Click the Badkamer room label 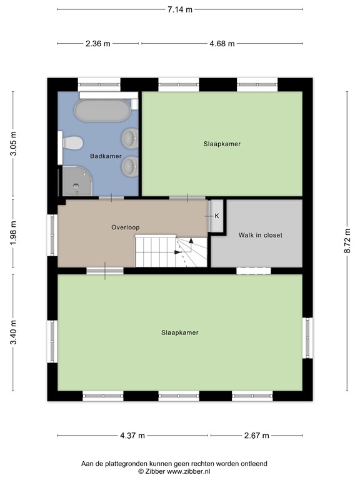click(106, 156)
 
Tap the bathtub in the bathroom click(102, 110)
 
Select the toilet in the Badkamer click(72, 143)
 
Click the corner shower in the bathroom click(77, 181)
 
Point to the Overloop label click(126, 227)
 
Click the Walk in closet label click(261, 235)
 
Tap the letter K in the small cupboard click(217, 216)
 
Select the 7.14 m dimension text click(180, 9)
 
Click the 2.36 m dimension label click(98, 44)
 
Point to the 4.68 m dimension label click(222, 44)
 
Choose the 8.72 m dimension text click(347, 241)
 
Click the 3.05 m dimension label click(13, 143)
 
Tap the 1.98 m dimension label click(13, 233)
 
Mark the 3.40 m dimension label click(13, 332)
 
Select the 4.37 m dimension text click(132, 435)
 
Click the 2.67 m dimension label click(256, 435)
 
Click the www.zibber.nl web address click(188, 471)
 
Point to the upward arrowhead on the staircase click(191, 241)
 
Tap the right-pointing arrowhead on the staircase click(177, 252)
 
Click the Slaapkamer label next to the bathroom click(222, 144)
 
